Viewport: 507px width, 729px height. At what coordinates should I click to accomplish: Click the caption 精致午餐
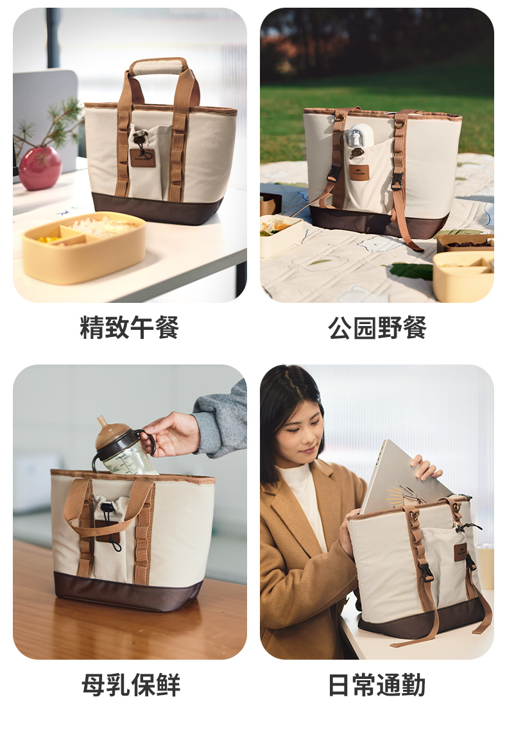129,327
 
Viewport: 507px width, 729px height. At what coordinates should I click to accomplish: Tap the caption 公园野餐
377,327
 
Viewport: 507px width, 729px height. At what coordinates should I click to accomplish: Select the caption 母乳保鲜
131,684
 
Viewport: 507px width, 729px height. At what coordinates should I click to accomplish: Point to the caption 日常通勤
377,684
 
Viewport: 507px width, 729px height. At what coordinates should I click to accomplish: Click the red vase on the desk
40,168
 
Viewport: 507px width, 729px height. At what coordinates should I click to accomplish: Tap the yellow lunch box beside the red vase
83,246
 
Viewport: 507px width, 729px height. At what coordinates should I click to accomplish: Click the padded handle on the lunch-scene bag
158,66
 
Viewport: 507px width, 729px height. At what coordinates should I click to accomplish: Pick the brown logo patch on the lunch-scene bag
143,158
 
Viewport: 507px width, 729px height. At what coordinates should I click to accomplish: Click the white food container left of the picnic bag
280,235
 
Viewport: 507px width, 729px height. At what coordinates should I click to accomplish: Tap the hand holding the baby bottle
171,434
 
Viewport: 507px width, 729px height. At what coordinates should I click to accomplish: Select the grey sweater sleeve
222,421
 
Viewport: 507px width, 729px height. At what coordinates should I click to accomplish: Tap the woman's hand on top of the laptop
425,467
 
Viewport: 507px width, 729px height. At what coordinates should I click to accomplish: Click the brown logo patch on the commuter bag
460,551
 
